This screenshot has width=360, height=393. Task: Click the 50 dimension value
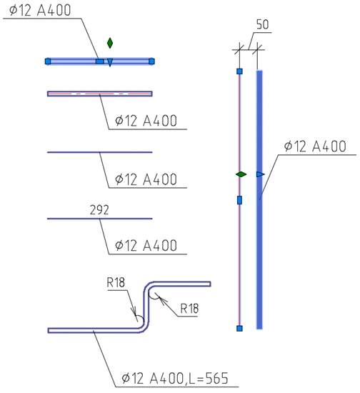click(x=263, y=24)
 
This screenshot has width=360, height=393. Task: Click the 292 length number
click(x=99, y=210)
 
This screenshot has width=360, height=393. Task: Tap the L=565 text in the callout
click(x=209, y=379)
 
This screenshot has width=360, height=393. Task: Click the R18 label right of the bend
click(x=189, y=309)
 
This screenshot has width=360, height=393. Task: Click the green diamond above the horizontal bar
click(x=110, y=43)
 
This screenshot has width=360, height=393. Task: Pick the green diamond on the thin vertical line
click(x=241, y=174)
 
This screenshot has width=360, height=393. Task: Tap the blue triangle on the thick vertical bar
click(x=260, y=174)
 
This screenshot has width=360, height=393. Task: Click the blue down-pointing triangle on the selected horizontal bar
click(x=110, y=62)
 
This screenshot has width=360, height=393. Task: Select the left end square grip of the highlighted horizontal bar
click(x=48, y=61)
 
